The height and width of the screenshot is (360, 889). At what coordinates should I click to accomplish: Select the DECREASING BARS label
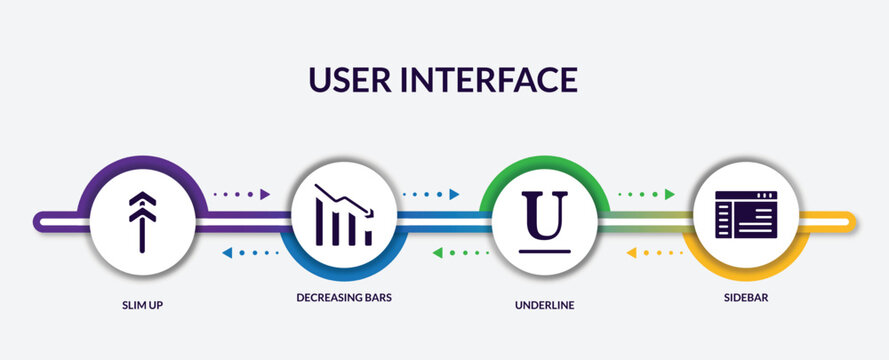point(343,297)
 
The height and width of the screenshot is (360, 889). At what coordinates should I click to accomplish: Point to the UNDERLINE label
point(545,304)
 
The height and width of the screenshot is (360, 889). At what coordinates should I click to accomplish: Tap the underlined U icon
point(545,216)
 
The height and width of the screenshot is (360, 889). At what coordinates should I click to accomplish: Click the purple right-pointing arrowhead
point(265,194)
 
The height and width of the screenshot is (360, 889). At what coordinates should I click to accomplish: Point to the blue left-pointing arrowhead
point(227,253)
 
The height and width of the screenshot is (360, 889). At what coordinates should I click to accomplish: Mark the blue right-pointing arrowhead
point(454,194)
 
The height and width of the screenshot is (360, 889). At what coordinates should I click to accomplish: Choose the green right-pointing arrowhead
point(669,194)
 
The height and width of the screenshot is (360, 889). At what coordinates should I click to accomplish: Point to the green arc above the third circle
point(545,163)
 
